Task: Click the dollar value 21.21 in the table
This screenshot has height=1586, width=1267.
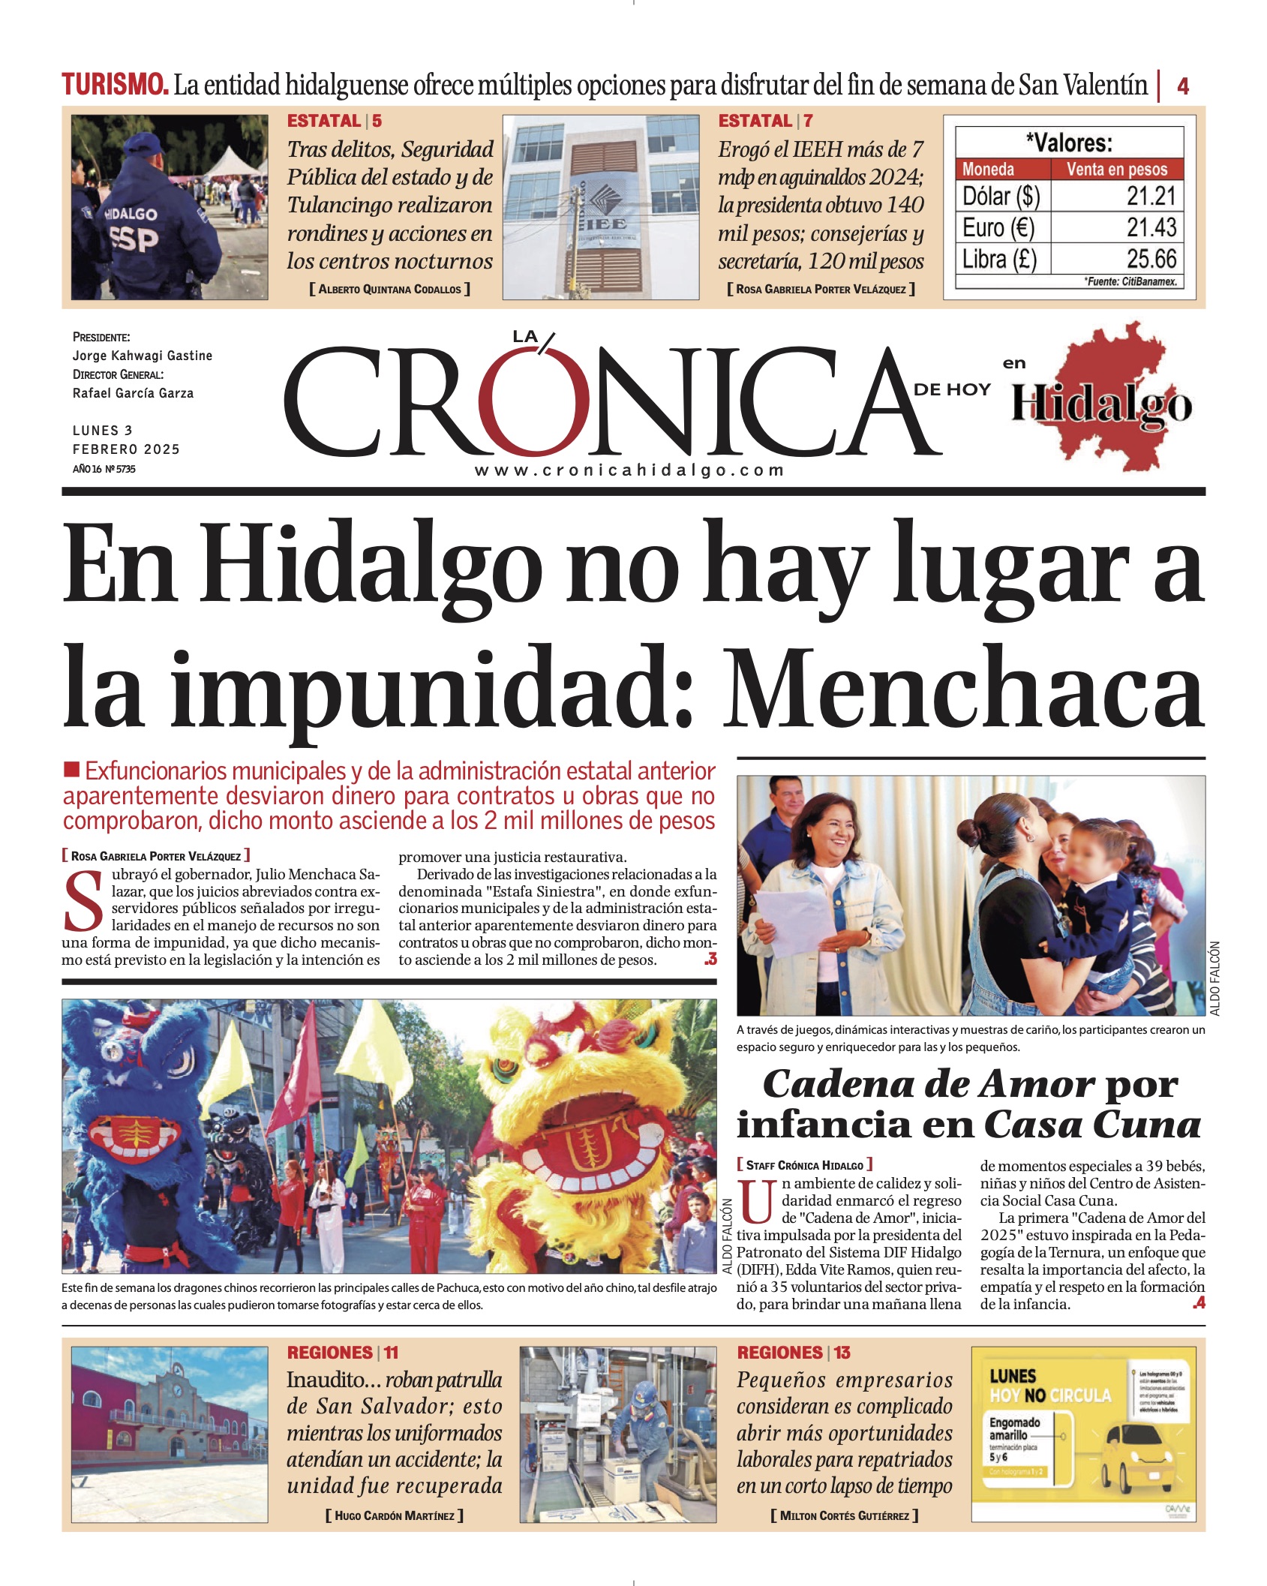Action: pyautogui.click(x=1151, y=197)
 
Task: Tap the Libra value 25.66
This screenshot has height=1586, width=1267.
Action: pyautogui.click(x=1151, y=260)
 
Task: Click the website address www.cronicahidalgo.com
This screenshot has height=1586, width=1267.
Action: pyautogui.click(x=629, y=470)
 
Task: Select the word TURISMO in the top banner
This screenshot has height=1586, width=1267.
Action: pyautogui.click(x=115, y=85)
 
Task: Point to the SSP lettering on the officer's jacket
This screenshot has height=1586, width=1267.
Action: pyautogui.click(x=134, y=239)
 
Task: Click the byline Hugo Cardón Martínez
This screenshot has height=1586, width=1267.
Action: pyautogui.click(x=395, y=1515)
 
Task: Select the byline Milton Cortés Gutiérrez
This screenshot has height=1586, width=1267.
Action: pyautogui.click(x=844, y=1515)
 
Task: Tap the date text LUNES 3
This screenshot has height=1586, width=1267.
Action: pyautogui.click(x=103, y=431)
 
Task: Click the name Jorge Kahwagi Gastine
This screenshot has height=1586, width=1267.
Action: pyautogui.click(x=143, y=356)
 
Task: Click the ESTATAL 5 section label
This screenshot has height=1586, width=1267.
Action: pyautogui.click(x=335, y=121)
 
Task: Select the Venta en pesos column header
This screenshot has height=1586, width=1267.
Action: pyautogui.click(x=1116, y=170)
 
